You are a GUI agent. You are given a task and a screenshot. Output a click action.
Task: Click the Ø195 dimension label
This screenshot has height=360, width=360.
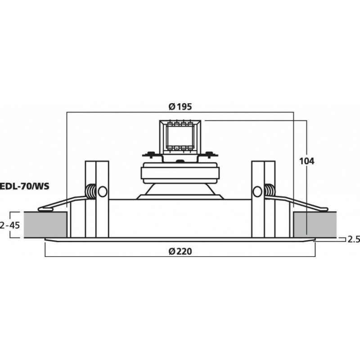180,107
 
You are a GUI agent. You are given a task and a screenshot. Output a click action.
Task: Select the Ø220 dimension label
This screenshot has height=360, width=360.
180,251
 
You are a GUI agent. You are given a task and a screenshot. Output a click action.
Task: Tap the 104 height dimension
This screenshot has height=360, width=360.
307,161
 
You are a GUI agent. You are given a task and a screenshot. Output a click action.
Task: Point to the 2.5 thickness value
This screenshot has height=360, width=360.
353,239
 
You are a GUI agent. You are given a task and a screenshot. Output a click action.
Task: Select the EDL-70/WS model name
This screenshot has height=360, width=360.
25,184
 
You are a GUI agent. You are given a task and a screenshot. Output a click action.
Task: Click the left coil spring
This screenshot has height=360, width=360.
91,192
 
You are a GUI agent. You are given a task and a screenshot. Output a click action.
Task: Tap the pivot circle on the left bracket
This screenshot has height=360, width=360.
102,192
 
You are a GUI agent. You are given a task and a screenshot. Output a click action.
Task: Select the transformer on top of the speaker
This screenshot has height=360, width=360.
180,135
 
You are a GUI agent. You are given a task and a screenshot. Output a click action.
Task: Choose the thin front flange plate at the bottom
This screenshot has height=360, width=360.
180,240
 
